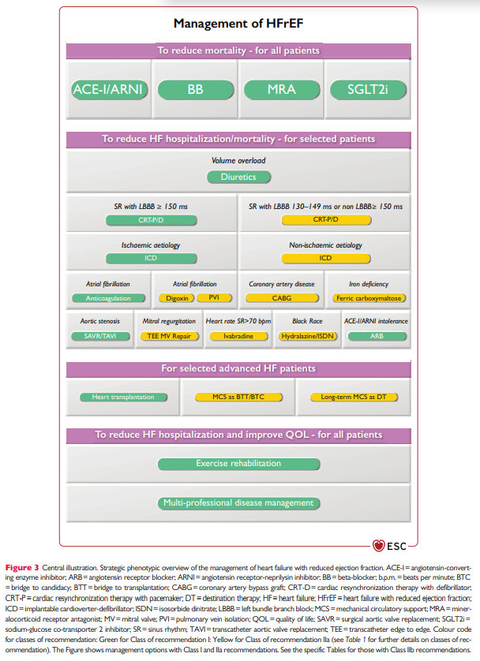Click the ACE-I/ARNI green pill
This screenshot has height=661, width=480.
coord(107,89)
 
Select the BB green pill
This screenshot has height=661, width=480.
coord(195,89)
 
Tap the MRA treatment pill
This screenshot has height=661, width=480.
coord(282,89)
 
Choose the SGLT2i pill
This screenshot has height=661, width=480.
coord(369,89)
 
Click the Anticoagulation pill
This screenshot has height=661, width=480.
coord(107,298)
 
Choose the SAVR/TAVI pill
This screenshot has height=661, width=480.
coord(99,336)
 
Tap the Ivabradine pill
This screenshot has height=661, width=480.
coord(238,336)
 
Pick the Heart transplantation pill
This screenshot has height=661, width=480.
coord(122,397)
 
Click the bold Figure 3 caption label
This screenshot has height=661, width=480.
coord(26,567)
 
